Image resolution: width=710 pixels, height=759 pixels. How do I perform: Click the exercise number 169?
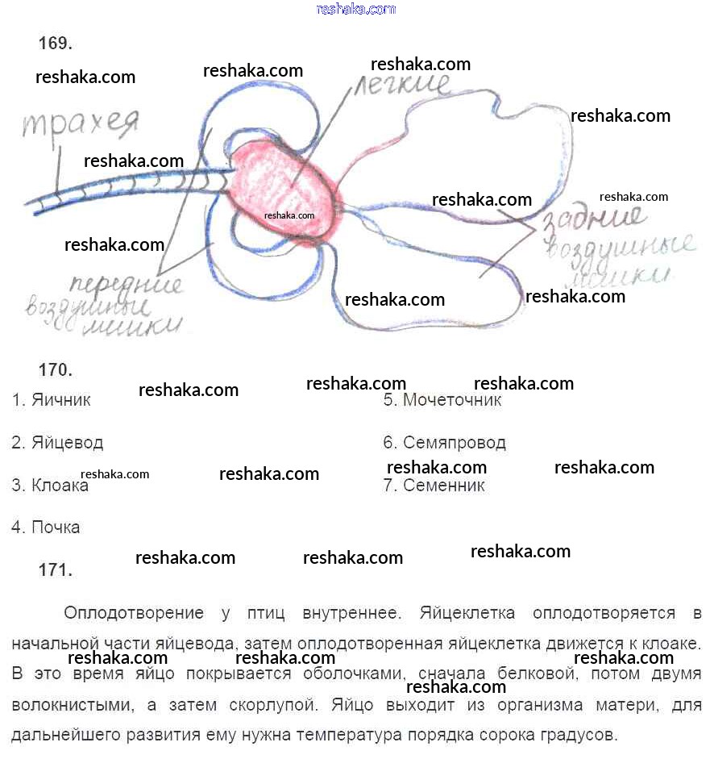coord(56,44)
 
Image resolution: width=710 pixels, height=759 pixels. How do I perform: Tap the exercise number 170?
coord(56,370)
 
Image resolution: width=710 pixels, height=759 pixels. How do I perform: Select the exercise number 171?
coord(56,570)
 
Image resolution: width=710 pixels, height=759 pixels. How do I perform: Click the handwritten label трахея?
coord(81,124)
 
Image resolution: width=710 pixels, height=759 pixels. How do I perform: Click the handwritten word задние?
coord(596,219)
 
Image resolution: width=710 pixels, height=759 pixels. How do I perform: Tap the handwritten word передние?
coord(126,285)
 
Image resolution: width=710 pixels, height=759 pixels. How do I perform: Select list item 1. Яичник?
coord(52,399)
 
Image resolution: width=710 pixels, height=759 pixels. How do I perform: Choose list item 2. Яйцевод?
coord(57,443)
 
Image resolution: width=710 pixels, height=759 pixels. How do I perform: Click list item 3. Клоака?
coord(50,486)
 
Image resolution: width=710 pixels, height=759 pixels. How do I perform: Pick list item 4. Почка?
coord(46,528)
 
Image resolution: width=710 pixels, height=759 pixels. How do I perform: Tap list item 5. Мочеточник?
coord(442,399)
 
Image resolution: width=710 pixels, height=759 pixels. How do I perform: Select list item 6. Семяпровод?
coord(444,443)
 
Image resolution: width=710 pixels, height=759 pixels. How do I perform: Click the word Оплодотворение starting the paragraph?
coord(133,613)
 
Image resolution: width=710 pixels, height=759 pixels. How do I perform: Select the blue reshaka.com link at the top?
coord(356,10)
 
